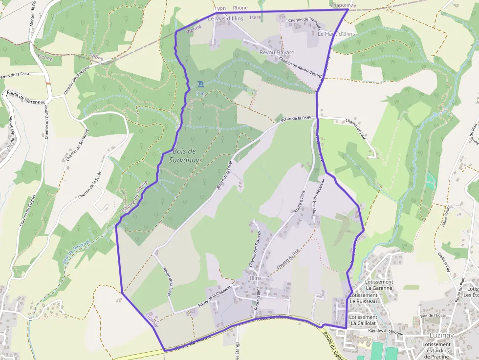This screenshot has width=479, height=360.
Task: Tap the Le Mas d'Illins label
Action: (225, 19)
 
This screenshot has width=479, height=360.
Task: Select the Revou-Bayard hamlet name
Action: (277, 52)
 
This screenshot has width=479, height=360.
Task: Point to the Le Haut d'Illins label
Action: (336, 34)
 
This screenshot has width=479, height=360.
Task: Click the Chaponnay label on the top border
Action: (343, 5)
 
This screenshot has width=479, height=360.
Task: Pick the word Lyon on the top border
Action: (220, 8)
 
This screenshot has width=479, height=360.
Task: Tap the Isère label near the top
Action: (255, 17)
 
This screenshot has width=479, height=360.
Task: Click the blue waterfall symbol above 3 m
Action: (200, 84)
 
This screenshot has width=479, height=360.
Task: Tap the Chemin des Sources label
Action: (253, 249)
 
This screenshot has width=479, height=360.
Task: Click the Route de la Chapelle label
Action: (214, 297)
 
